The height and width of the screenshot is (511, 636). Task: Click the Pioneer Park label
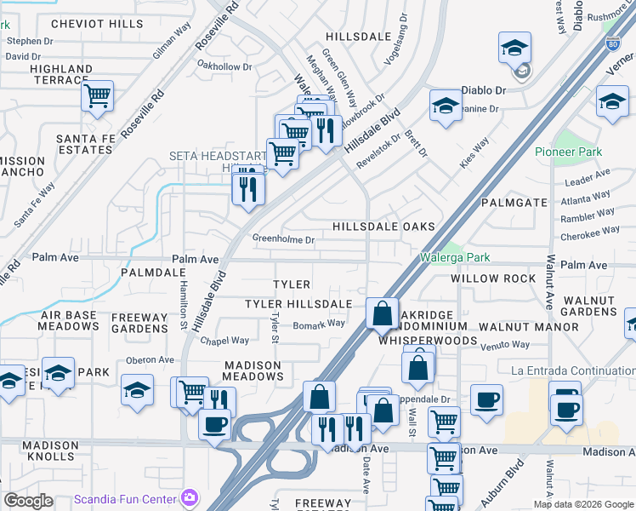click(568, 152)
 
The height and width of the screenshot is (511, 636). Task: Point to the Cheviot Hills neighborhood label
click(97, 24)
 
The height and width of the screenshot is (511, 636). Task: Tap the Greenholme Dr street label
click(284, 240)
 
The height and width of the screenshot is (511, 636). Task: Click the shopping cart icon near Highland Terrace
click(98, 95)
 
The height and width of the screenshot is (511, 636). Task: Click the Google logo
click(28, 500)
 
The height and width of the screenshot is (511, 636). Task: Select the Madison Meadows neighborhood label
click(252, 370)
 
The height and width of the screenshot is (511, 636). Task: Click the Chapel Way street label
click(224, 341)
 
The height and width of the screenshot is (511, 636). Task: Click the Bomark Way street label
click(319, 324)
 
